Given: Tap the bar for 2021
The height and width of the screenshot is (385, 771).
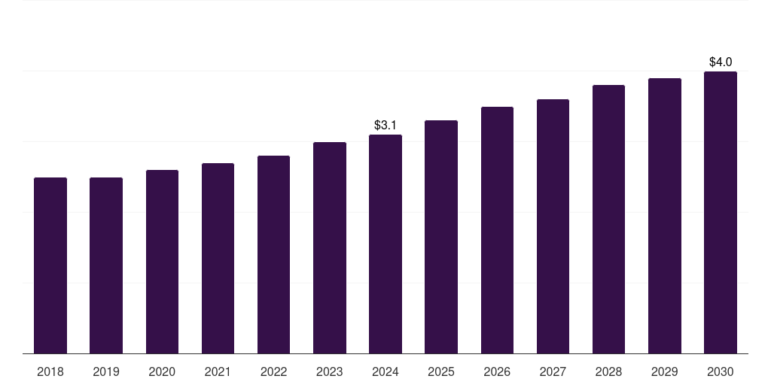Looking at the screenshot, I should point(218,259).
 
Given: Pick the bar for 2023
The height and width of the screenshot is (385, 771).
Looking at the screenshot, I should point(330,248).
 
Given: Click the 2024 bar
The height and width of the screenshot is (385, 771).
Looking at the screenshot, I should point(385,244).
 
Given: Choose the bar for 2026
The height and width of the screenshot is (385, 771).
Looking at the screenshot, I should point(497,230).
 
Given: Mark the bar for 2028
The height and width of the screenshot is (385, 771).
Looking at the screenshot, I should point(608,220).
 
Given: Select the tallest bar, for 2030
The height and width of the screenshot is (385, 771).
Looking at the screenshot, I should point(720,213).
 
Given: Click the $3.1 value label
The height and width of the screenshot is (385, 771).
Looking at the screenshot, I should point(385,125).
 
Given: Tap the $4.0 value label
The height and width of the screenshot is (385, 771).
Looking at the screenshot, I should point(721,62).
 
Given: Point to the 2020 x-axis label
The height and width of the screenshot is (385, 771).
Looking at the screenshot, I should point(162,372).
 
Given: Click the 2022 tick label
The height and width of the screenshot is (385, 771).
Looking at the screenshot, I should point(273,372).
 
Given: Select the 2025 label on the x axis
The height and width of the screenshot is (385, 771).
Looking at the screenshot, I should point(441,372).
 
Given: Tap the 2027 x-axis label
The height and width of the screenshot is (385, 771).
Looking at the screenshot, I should point(553,372).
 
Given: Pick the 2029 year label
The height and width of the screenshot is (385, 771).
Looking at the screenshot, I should point(664,372).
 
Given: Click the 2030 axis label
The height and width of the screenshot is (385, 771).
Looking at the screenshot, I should point(720,372).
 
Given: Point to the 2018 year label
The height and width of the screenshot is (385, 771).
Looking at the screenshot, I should point(50,372).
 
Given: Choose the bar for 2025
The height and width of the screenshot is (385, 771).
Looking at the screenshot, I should point(441,237).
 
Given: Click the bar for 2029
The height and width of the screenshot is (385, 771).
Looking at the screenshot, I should point(664,216).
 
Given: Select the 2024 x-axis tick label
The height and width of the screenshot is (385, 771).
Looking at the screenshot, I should point(385,372).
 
